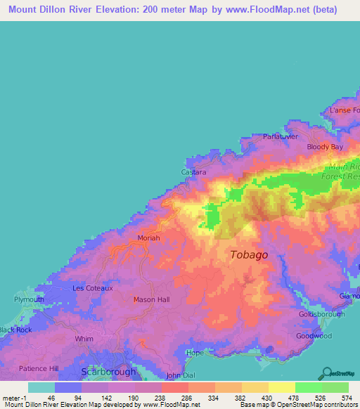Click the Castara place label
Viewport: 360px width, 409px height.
click(193, 172)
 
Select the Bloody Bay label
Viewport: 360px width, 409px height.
click(325, 147)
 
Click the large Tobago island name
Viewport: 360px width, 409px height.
click(249, 255)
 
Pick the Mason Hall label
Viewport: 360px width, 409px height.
click(151, 299)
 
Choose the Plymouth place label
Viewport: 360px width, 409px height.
click(29, 299)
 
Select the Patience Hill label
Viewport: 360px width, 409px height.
click(38, 368)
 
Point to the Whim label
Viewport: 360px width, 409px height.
click(84, 339)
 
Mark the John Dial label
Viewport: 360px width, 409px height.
click(179, 375)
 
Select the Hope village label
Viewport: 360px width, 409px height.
click(194, 353)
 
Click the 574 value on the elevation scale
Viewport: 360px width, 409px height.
click(346, 397)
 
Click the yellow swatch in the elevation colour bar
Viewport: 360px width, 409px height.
click(281, 387)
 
